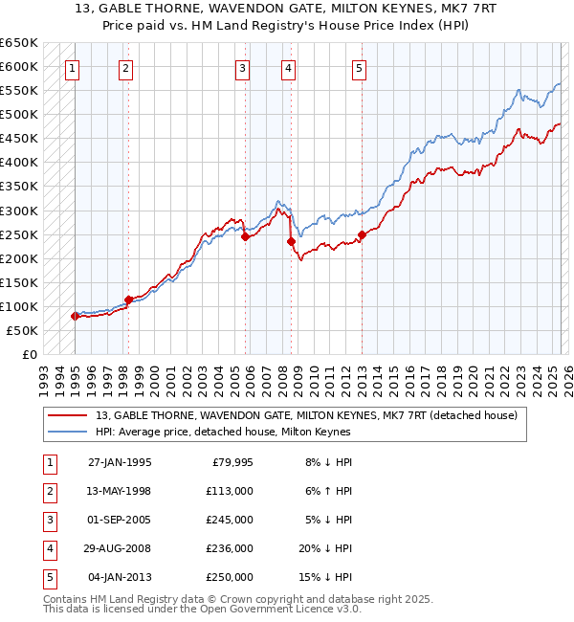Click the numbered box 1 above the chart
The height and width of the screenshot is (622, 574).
click(x=74, y=68)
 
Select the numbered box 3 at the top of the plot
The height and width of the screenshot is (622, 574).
click(x=243, y=68)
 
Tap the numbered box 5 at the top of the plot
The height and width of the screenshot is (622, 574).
click(x=359, y=68)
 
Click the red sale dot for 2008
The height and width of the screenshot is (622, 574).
click(x=291, y=242)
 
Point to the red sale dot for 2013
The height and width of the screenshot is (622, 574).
click(x=362, y=234)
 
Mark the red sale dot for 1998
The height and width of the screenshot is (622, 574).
click(x=128, y=300)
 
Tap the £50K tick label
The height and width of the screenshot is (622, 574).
click(x=22, y=330)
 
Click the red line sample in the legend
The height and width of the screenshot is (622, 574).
click(x=69, y=415)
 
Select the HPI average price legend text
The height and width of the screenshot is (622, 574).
click(x=223, y=432)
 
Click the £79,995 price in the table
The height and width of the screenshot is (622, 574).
click(x=229, y=463)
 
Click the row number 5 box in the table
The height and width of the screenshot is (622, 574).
click(x=50, y=577)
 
